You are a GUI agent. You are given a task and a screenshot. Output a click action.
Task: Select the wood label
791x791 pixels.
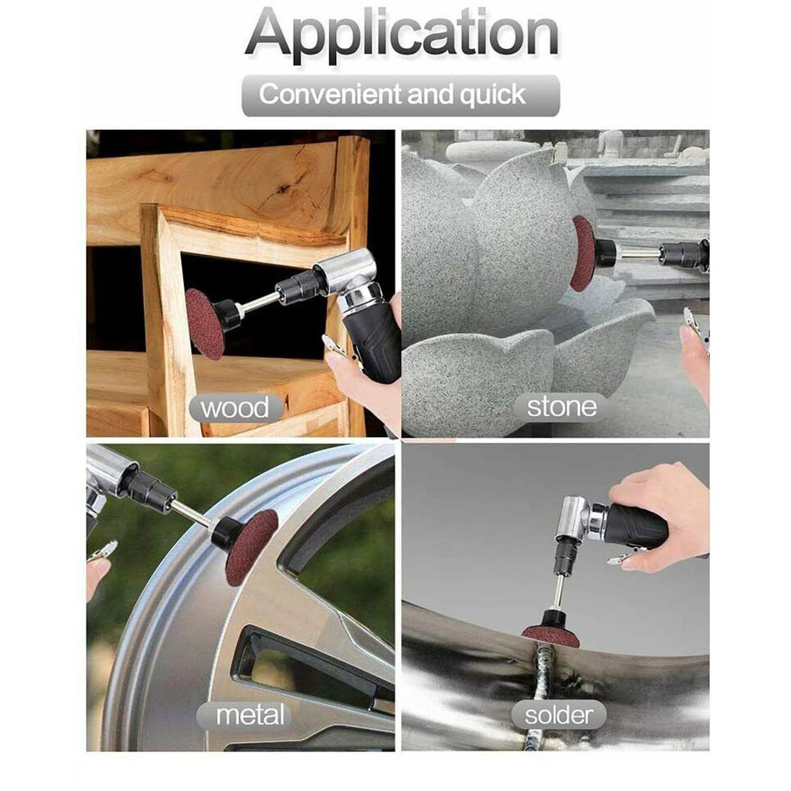pos(235,407)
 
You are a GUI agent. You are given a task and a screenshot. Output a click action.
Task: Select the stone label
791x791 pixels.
pos(562,407)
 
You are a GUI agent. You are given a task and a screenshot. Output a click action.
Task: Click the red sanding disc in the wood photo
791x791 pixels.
pos(204,322)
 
